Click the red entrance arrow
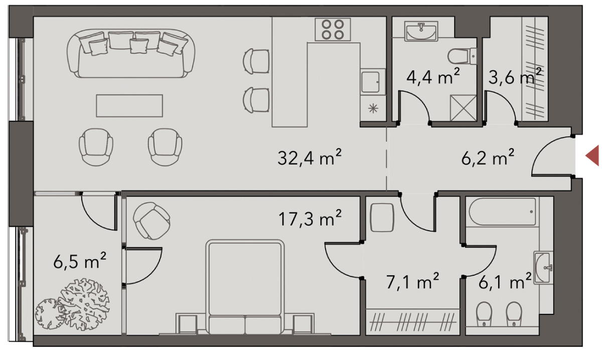click(x=593, y=155)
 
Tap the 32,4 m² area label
click(x=310, y=157)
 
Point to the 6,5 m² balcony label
click(x=80, y=260)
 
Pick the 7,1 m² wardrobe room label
click(x=412, y=282)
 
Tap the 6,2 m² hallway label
click(x=488, y=157)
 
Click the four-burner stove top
click(x=333, y=30)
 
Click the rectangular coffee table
click(x=129, y=106)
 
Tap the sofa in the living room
click(x=131, y=54)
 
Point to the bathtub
click(x=502, y=212)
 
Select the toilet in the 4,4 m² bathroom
click(x=462, y=57)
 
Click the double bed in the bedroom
click(x=245, y=287)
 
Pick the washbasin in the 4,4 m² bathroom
click(x=421, y=31)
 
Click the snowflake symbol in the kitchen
click(x=373, y=109)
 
